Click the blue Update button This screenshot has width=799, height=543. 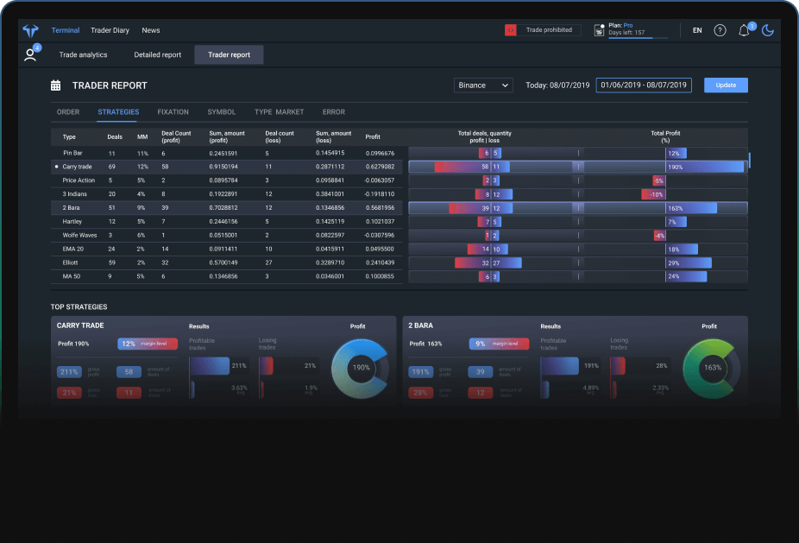(x=726, y=85)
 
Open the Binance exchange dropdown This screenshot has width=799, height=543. (x=483, y=85)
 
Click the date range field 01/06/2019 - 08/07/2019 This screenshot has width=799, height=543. (x=644, y=85)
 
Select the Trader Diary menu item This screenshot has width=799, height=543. (x=110, y=30)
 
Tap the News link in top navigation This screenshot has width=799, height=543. (x=151, y=30)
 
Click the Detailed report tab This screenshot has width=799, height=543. (x=158, y=55)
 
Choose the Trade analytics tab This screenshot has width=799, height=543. (x=83, y=55)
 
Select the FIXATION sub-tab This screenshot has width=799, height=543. (x=173, y=112)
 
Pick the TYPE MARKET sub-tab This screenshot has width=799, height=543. (x=279, y=112)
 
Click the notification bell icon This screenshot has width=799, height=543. (x=744, y=31)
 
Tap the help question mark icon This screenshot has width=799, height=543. (x=720, y=31)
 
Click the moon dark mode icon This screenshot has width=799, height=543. (x=767, y=31)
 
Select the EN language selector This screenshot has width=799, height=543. (x=697, y=31)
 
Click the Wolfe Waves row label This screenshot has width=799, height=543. (x=79, y=236)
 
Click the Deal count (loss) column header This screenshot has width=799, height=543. (x=280, y=136)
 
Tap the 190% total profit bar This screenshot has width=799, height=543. (x=704, y=167)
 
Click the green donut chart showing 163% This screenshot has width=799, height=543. (x=713, y=367)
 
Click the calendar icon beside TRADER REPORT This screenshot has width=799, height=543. (x=56, y=85)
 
